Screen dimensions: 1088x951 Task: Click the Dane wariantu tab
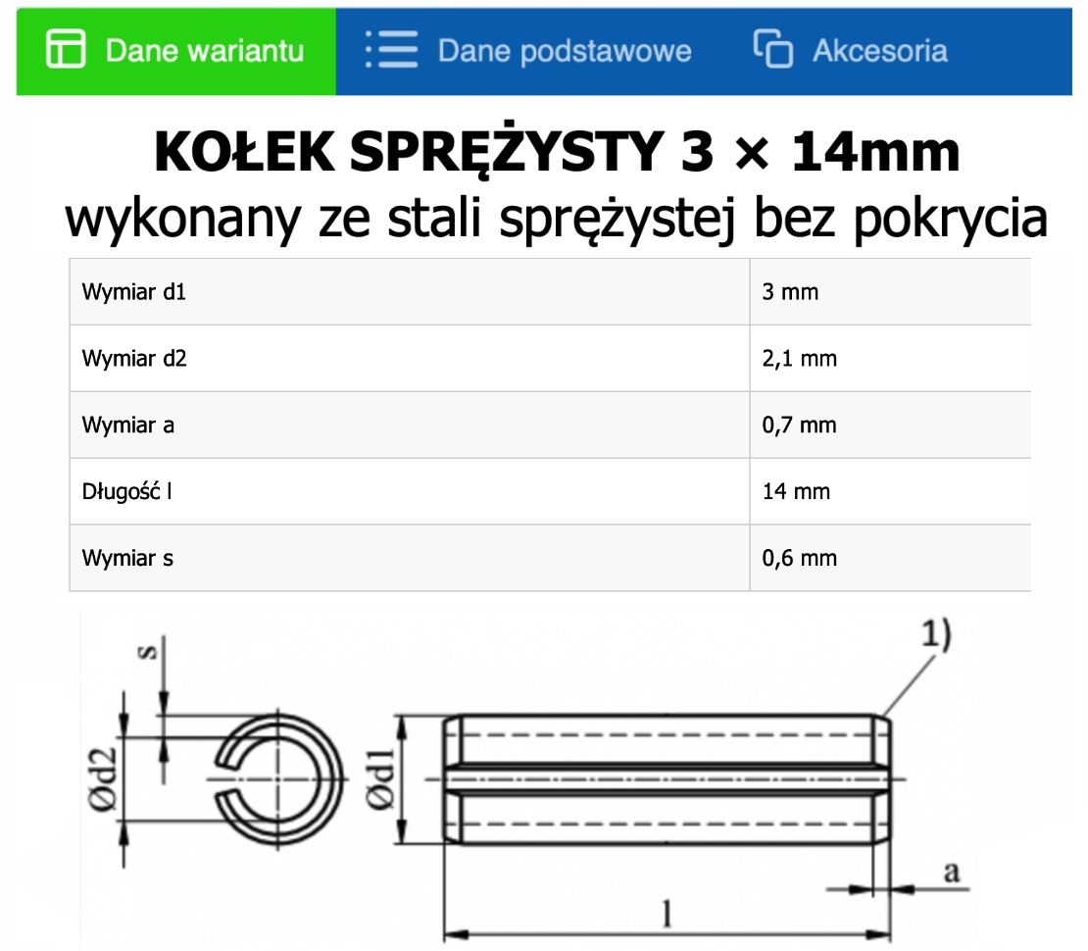coord(176,51)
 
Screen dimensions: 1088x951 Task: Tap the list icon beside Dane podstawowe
coord(390,50)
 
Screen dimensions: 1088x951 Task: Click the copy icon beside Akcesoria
coord(772,50)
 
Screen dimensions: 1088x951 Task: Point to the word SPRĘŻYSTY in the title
coord(490,153)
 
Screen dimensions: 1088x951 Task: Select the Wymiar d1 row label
coord(134,292)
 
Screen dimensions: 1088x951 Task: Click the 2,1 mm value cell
coord(800,359)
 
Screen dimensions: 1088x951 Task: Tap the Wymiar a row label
coord(128,425)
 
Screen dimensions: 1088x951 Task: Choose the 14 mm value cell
coord(796,491)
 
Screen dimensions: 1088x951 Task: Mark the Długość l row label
coord(126,491)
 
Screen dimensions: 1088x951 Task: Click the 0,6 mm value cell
coord(800,558)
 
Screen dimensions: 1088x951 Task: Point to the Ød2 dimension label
coord(105,779)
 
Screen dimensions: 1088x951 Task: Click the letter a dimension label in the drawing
coord(949,872)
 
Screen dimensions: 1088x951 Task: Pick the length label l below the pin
coord(668,913)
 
